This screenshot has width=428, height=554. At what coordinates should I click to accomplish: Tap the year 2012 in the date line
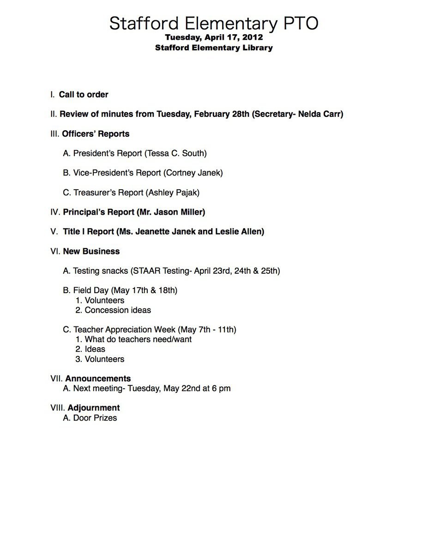(x=252, y=37)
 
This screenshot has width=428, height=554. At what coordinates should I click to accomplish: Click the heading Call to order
(x=84, y=95)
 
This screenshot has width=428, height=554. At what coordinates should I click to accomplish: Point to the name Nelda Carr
(x=319, y=114)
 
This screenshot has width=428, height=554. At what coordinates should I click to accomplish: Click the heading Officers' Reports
(x=96, y=134)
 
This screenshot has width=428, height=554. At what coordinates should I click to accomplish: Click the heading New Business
(x=91, y=252)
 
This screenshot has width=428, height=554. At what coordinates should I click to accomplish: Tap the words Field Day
(x=91, y=290)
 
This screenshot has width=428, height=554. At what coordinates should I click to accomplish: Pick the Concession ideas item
(x=118, y=310)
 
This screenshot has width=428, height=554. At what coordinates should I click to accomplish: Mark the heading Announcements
(x=98, y=379)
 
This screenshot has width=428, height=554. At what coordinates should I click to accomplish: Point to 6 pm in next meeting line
(x=221, y=389)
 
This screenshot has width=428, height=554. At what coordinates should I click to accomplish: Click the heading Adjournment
(x=93, y=408)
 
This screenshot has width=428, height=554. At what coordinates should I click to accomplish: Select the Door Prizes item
(x=95, y=418)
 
